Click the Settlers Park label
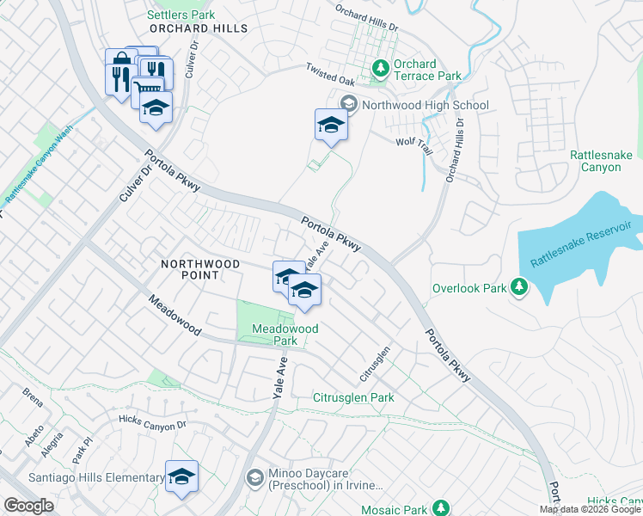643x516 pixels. point(181,15)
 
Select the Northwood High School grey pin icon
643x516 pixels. point(349,105)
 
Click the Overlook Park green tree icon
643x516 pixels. point(518,286)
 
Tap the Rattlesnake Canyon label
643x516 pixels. point(595,161)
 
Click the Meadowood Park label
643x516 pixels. point(285,335)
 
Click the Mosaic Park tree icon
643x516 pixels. point(441,508)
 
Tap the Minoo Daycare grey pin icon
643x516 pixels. point(254,476)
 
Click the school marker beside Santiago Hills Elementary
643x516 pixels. point(181,476)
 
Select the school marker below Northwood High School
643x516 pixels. point(331,125)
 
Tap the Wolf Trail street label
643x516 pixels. point(413,142)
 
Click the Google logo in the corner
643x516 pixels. point(28,506)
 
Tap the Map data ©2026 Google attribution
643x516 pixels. point(590,509)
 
